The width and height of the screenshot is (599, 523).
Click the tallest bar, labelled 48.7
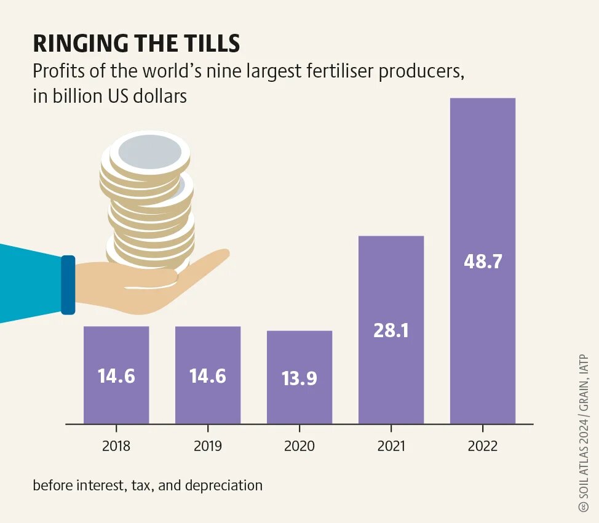coord(482,185)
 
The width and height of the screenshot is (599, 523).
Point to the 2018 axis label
coord(116,446)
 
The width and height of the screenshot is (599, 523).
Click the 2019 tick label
coord(208,446)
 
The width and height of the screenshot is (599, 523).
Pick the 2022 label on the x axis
coord(482,446)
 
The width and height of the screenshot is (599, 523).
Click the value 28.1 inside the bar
coord(391,330)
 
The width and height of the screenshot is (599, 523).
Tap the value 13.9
coord(299,378)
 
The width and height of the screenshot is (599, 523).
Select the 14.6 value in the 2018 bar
coord(116,375)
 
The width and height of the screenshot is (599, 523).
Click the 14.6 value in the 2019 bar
coord(208,375)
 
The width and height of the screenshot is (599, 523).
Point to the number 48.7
coord(483,261)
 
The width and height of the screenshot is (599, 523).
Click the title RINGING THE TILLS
coord(136,44)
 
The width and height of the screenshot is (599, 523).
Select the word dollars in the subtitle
coord(160,97)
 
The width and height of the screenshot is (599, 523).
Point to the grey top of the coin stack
coord(150,152)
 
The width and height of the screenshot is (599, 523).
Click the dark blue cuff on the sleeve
coord(68,285)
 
